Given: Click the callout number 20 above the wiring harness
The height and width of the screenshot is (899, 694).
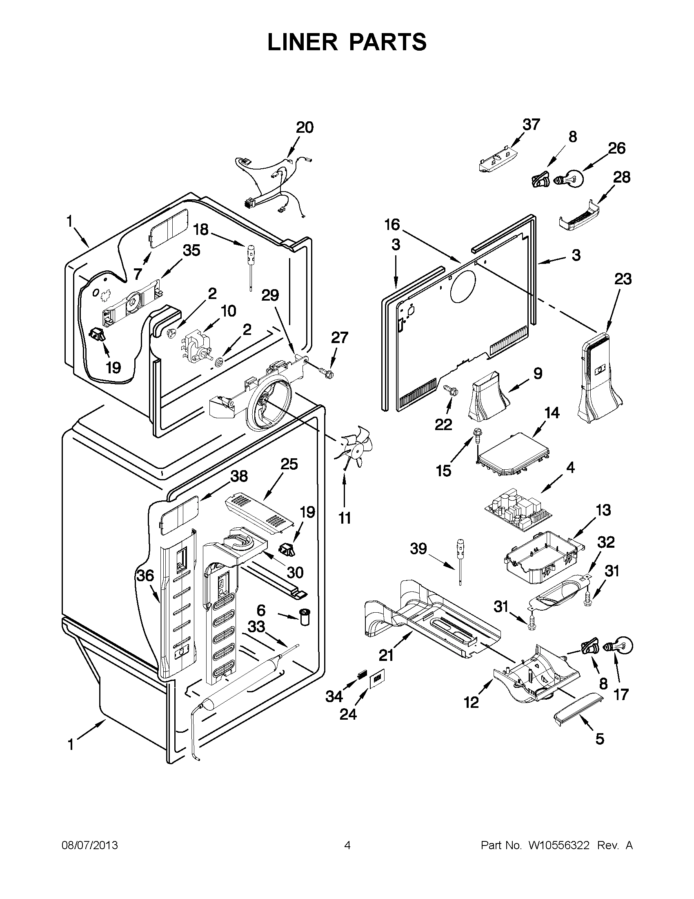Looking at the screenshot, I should pos(305,127).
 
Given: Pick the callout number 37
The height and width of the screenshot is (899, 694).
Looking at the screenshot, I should pos(531,124).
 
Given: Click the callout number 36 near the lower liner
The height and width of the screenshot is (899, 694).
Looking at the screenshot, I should pos(145,576).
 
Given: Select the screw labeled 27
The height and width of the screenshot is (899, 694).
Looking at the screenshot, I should pos(326,373).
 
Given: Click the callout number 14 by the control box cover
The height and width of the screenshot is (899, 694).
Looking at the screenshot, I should pos(551,413).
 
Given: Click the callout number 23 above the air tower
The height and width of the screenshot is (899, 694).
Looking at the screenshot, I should pos(623,279).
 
